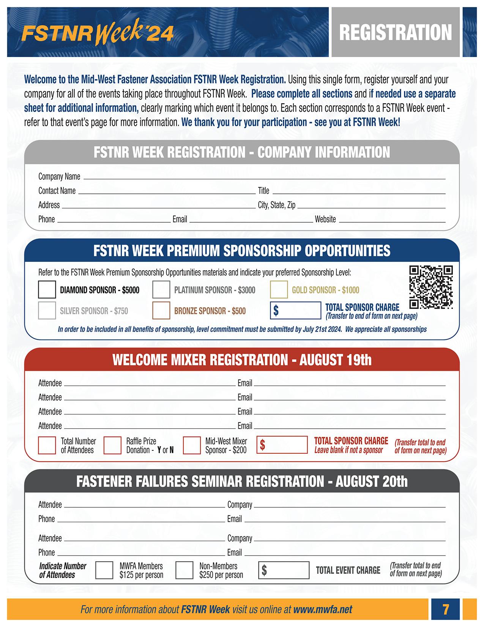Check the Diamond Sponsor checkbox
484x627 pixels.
click(x=47, y=290)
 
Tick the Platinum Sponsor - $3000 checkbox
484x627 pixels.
click(x=161, y=290)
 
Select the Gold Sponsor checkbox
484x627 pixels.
click(x=279, y=290)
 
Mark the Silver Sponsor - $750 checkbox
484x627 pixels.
click(x=47, y=311)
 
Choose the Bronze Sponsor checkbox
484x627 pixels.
click(x=161, y=311)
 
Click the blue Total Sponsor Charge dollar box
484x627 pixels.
click(x=296, y=310)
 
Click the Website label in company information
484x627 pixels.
click(x=325, y=219)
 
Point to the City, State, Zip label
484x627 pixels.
click(x=276, y=205)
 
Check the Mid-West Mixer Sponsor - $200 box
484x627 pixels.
click(x=192, y=445)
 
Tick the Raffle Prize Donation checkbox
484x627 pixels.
click(x=112, y=445)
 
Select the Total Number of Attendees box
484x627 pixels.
click(x=47, y=445)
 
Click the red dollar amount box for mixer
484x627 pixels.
click(x=282, y=445)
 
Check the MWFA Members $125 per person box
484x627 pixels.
click(x=104, y=570)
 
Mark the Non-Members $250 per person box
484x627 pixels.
click(x=184, y=570)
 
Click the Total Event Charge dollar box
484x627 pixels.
click(x=284, y=570)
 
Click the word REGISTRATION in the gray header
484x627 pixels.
click(x=395, y=33)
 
